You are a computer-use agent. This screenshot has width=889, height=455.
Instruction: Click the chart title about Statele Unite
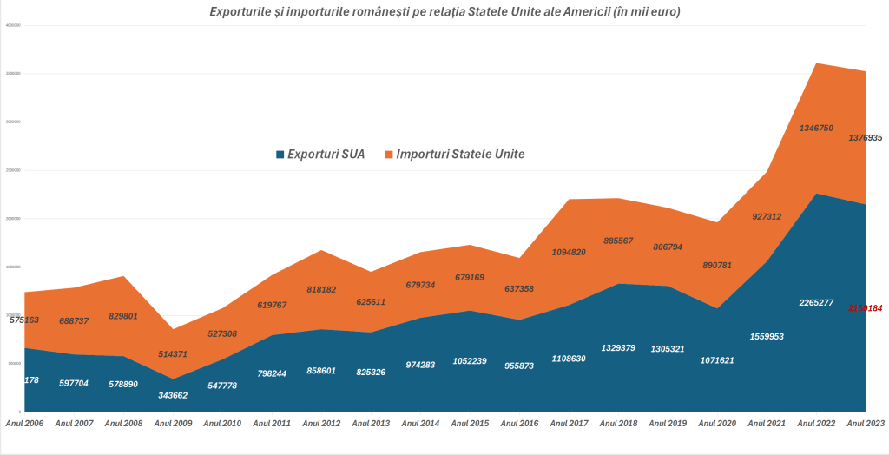444,11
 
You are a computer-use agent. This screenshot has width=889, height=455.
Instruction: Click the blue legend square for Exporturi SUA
280,155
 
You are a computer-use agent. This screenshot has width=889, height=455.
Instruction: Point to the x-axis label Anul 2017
569,424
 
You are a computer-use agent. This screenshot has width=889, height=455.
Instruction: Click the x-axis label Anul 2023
866,424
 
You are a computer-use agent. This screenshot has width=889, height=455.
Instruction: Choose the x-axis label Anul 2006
25,424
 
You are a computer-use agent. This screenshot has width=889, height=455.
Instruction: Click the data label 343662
172,394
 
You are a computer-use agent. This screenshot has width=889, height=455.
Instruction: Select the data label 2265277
816,302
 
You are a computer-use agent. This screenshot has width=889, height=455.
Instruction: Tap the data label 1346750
816,128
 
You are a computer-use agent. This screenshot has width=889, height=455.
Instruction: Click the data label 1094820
569,252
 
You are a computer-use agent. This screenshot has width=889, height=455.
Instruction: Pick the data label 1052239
470,360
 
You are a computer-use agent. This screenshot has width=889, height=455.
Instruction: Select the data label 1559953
767,336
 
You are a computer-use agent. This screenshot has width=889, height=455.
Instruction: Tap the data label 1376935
865,137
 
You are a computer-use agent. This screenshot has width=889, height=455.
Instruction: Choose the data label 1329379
618,347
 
